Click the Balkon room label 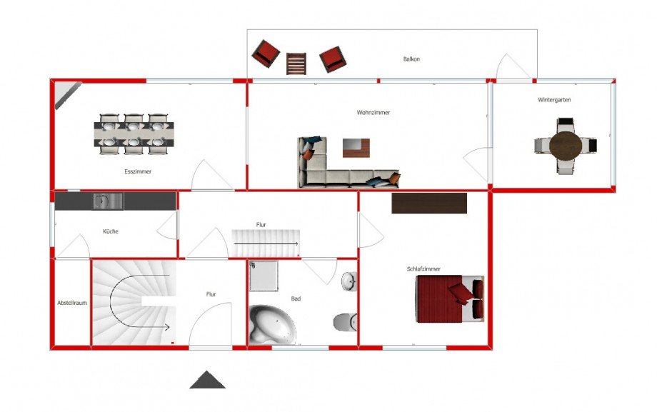pos(411,59)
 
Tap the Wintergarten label pos(554,100)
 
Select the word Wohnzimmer pos(373,112)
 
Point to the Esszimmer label pos(138,171)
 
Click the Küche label pos(111,231)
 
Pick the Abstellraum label pos(72,303)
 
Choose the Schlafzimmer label pos(423,269)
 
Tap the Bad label pos(296,299)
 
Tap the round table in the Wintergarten pos(566,146)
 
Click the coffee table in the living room pos(356,148)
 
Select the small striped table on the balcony pos(296,64)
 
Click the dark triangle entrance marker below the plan pos(207,380)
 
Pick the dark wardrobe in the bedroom pos(429,204)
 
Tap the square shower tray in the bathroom pos(264,276)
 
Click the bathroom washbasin pos(349,281)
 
